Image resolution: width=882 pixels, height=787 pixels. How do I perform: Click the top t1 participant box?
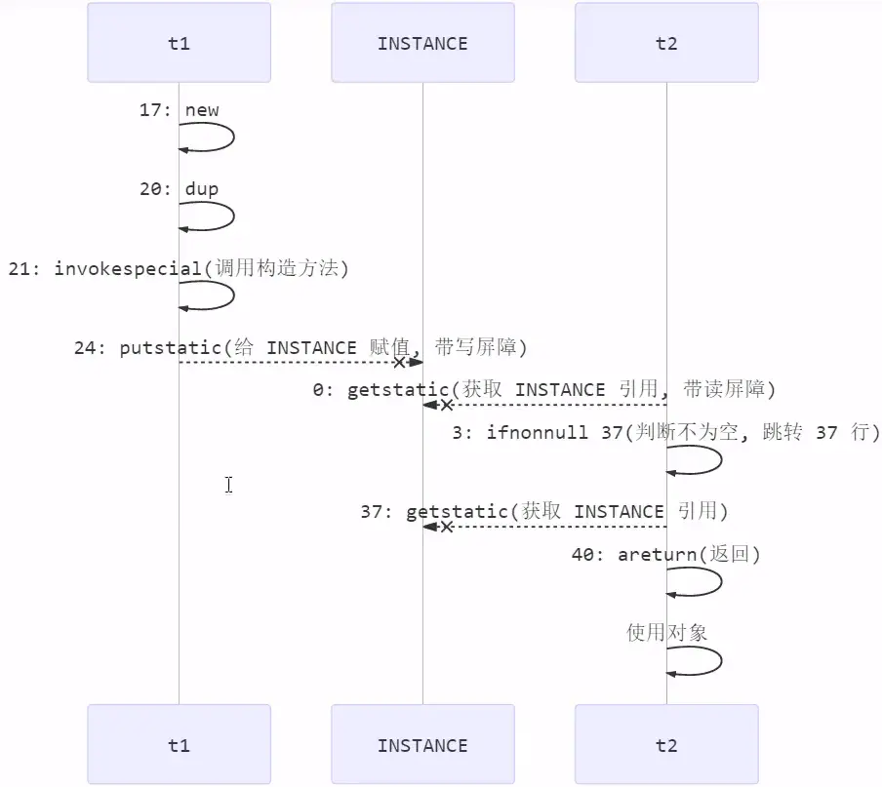point(179,43)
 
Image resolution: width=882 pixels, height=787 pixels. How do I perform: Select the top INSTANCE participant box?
point(422,43)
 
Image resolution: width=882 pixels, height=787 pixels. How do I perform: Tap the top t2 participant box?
point(666,43)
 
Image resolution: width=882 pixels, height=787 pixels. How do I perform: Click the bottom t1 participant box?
point(179,745)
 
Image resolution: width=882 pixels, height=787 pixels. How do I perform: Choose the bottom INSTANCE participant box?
point(422,745)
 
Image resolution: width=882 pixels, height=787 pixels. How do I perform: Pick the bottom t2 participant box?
point(666,745)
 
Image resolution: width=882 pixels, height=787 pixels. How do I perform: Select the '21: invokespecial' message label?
point(179,268)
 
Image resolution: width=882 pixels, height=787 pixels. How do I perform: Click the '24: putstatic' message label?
point(301,347)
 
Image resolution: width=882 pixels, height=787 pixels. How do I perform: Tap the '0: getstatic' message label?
point(543,389)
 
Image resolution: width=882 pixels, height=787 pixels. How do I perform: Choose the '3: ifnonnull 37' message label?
point(665,432)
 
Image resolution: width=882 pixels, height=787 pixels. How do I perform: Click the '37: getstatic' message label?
point(543,511)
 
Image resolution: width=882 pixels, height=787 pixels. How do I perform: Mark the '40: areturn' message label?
point(665,554)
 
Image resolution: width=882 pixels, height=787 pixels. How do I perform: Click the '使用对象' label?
point(666,632)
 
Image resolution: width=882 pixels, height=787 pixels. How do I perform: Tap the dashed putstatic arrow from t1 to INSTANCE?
point(293,363)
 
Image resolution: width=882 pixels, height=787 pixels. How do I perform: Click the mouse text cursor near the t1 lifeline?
point(228,485)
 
